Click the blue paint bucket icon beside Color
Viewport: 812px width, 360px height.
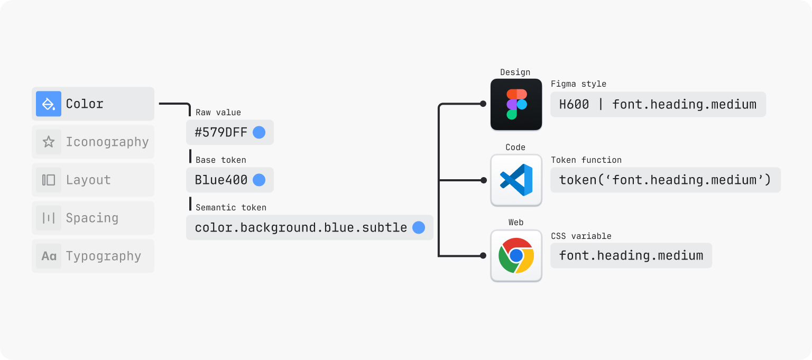tap(49, 104)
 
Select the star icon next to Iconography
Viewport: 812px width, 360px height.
tap(49, 142)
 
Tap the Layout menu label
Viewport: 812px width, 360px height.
tap(88, 180)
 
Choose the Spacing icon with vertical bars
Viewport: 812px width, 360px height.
tap(49, 218)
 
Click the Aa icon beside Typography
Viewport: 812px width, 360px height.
tap(49, 256)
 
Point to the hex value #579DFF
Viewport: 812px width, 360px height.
tap(221, 132)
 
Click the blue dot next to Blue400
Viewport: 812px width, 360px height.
tap(259, 180)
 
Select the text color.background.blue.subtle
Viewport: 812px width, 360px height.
tap(301, 228)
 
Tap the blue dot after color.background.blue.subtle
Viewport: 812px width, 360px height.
tap(419, 228)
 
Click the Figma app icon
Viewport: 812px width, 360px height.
tap(516, 105)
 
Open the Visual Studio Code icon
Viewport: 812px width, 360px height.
tap(516, 180)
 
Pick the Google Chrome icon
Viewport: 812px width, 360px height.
tap(516, 255)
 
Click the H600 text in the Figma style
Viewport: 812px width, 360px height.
tap(574, 105)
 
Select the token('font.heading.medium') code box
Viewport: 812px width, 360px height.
tap(666, 180)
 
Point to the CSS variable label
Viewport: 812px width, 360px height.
tap(581, 236)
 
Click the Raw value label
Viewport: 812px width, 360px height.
tap(218, 113)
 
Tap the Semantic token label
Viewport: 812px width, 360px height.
tap(231, 207)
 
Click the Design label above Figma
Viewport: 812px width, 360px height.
tap(515, 72)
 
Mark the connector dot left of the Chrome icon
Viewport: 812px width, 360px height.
tap(483, 255)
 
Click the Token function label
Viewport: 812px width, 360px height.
tap(586, 160)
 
